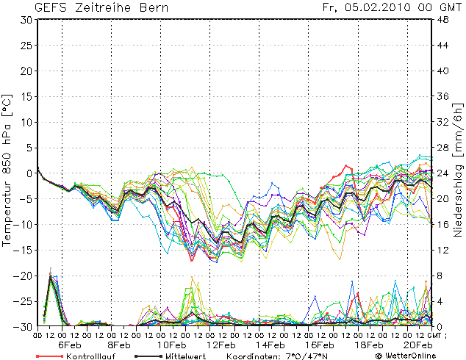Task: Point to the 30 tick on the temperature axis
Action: (x=26, y=20)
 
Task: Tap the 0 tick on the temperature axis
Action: (x=29, y=173)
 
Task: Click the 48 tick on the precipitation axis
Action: (x=443, y=20)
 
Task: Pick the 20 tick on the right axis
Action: (x=443, y=198)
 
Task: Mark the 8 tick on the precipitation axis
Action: (x=440, y=276)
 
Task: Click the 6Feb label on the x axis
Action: (x=70, y=345)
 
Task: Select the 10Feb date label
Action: (x=170, y=345)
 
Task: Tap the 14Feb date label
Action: (x=270, y=345)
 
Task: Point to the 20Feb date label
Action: (x=418, y=345)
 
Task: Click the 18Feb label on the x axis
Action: (x=369, y=345)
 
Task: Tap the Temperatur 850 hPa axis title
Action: (x=9, y=169)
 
